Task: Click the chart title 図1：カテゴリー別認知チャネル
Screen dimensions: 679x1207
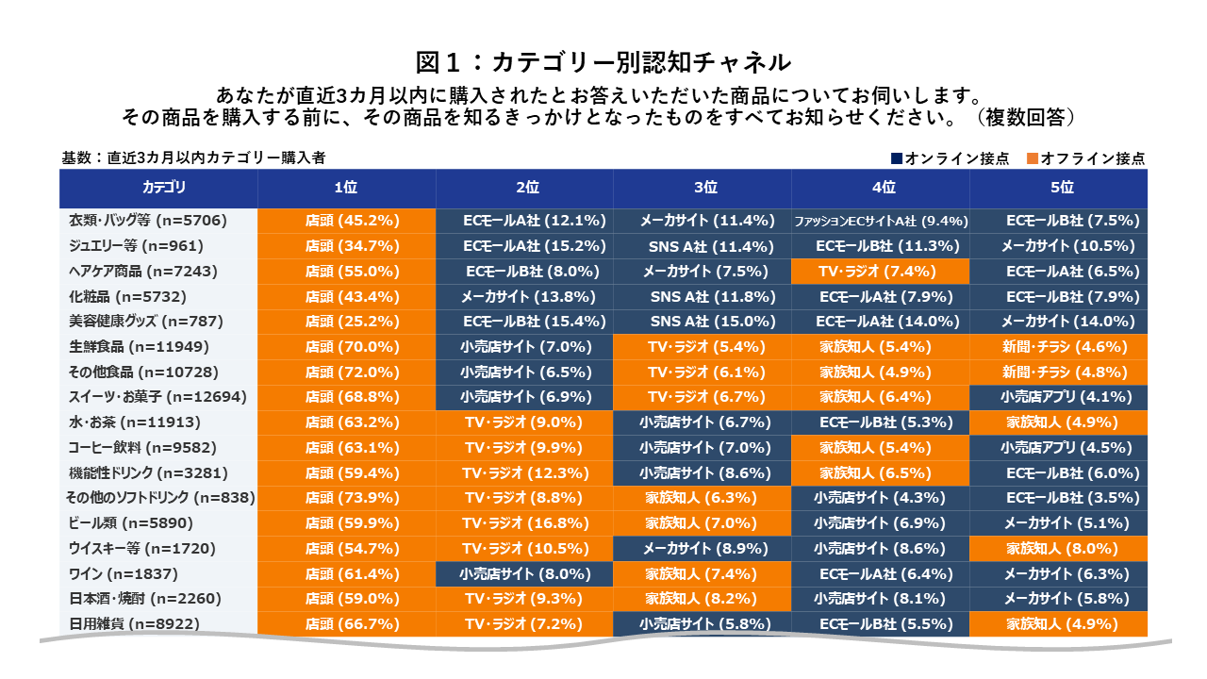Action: pyautogui.click(x=603, y=63)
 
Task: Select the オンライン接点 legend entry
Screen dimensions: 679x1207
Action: pyautogui.click(x=950, y=158)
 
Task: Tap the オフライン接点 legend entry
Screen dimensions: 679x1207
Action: pyautogui.click(x=1086, y=158)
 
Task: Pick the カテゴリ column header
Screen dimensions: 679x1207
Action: pyautogui.click(x=158, y=188)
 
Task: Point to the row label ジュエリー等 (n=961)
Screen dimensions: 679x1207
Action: pyautogui.click(x=136, y=246)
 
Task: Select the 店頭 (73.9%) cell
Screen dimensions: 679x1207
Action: pyautogui.click(x=347, y=498)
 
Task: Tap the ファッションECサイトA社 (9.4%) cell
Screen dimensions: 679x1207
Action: pyautogui.click(x=880, y=222)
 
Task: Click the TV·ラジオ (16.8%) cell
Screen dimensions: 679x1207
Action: pyautogui.click(x=524, y=523)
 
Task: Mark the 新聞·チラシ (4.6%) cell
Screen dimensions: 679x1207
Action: pyautogui.click(x=1058, y=347)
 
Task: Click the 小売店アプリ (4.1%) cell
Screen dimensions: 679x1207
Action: pyautogui.click(x=1058, y=397)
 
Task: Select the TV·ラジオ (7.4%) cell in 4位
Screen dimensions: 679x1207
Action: pyautogui.click(x=880, y=272)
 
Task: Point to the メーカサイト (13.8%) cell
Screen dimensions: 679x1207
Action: pyautogui.click(x=524, y=297)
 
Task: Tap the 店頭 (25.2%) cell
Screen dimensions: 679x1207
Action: pyautogui.click(x=347, y=322)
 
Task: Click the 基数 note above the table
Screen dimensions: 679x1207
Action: pyautogui.click(x=193, y=158)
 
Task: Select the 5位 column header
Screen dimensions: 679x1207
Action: pyautogui.click(x=1058, y=188)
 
